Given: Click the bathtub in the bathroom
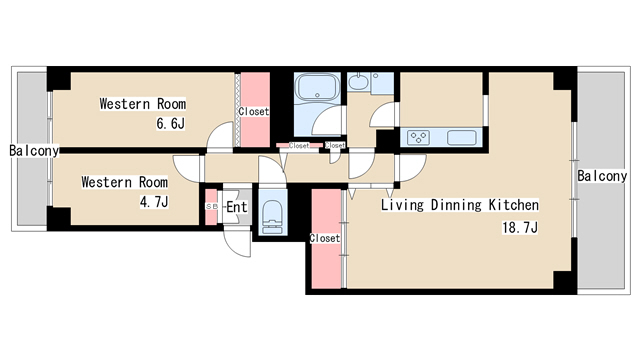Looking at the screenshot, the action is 318,87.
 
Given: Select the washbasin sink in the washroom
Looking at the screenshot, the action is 359,81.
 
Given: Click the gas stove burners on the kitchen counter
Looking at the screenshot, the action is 418,137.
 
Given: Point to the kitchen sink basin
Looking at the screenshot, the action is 462,138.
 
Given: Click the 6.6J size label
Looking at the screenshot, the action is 171,123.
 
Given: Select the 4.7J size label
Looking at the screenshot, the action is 154,201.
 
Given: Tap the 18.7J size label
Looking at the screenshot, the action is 520,227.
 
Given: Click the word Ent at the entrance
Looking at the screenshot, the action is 237,207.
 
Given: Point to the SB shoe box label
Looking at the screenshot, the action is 211,207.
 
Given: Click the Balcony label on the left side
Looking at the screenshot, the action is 34,151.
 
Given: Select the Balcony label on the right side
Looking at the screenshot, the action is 602,176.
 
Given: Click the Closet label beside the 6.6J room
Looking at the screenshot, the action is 254,111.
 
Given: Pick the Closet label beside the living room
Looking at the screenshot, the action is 324,238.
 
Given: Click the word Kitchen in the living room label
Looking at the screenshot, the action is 514,204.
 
